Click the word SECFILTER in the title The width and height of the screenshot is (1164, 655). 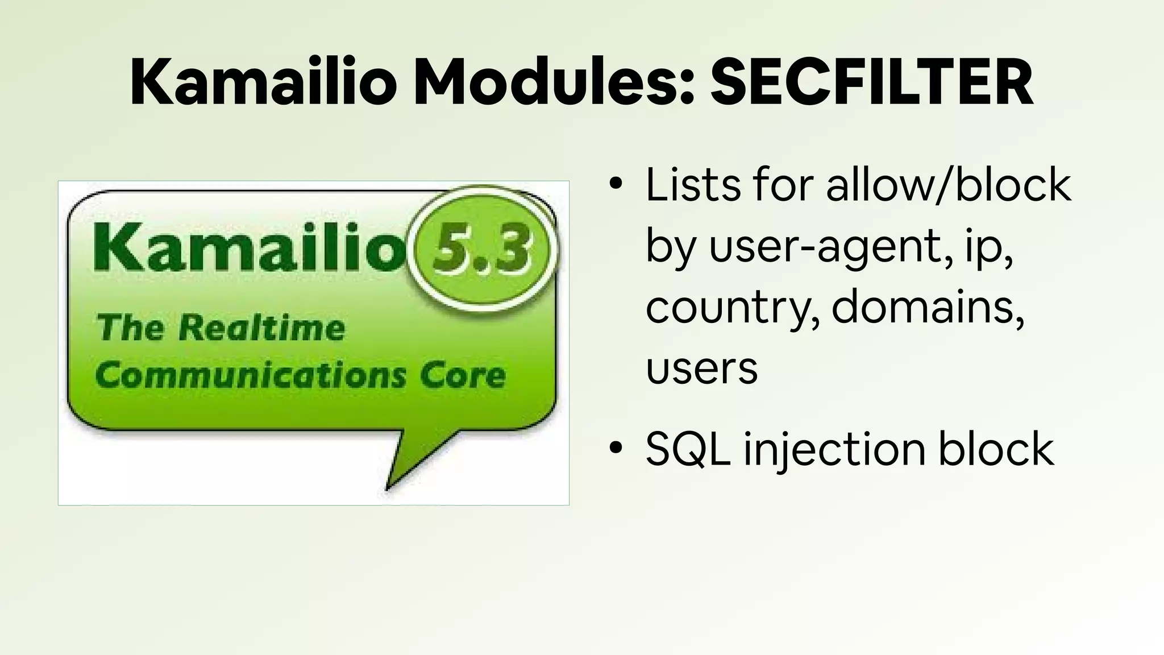coord(871,82)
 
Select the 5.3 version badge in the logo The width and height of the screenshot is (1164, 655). coord(483,250)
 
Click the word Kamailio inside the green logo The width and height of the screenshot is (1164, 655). coord(250,248)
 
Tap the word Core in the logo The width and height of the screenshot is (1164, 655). coord(462,375)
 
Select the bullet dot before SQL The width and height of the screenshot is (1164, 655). coord(615,447)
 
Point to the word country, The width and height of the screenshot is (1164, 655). coord(733,308)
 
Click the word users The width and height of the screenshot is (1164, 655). coord(701,368)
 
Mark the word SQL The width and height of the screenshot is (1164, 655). coord(688,449)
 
